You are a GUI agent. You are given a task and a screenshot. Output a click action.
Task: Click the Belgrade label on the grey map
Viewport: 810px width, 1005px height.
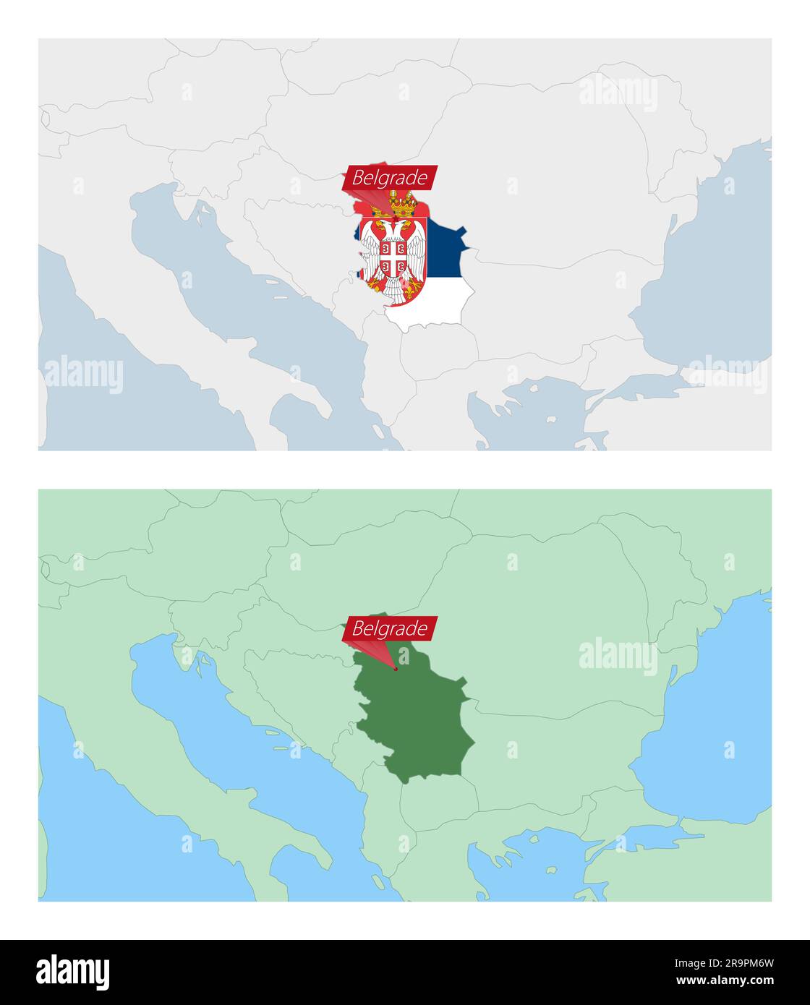click(x=390, y=177)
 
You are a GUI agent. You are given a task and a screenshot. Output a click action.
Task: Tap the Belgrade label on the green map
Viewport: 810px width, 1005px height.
click(x=390, y=628)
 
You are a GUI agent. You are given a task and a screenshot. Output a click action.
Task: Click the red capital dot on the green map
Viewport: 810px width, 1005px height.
click(x=396, y=669)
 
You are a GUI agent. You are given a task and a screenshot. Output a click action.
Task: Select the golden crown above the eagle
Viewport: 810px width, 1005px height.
click(x=403, y=205)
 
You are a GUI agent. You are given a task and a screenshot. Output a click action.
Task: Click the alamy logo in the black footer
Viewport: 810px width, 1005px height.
click(x=72, y=972)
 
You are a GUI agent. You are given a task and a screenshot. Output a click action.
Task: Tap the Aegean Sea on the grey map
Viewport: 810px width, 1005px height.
click(x=528, y=419)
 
